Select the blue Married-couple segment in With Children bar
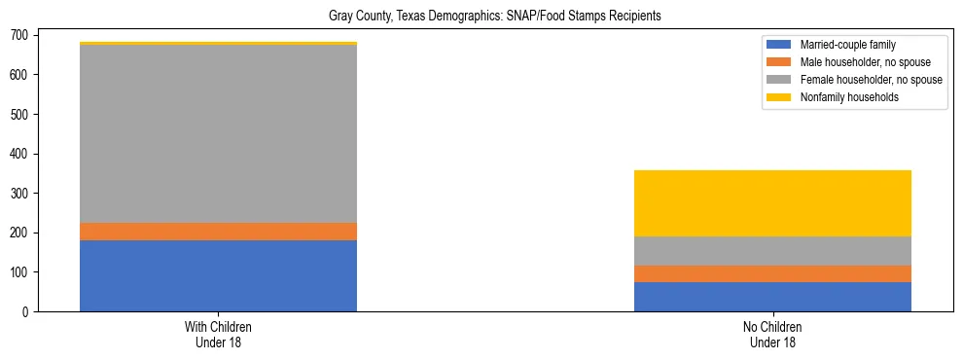click(x=218, y=275)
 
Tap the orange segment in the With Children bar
click(x=218, y=232)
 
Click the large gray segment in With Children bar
click(x=218, y=134)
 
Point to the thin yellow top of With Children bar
click(x=218, y=44)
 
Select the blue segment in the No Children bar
click(x=772, y=297)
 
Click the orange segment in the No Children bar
click(x=772, y=273)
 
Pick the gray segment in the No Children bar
click(x=772, y=251)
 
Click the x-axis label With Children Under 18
click(x=218, y=335)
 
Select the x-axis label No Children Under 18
click(x=772, y=335)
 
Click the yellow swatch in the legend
click(x=779, y=97)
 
